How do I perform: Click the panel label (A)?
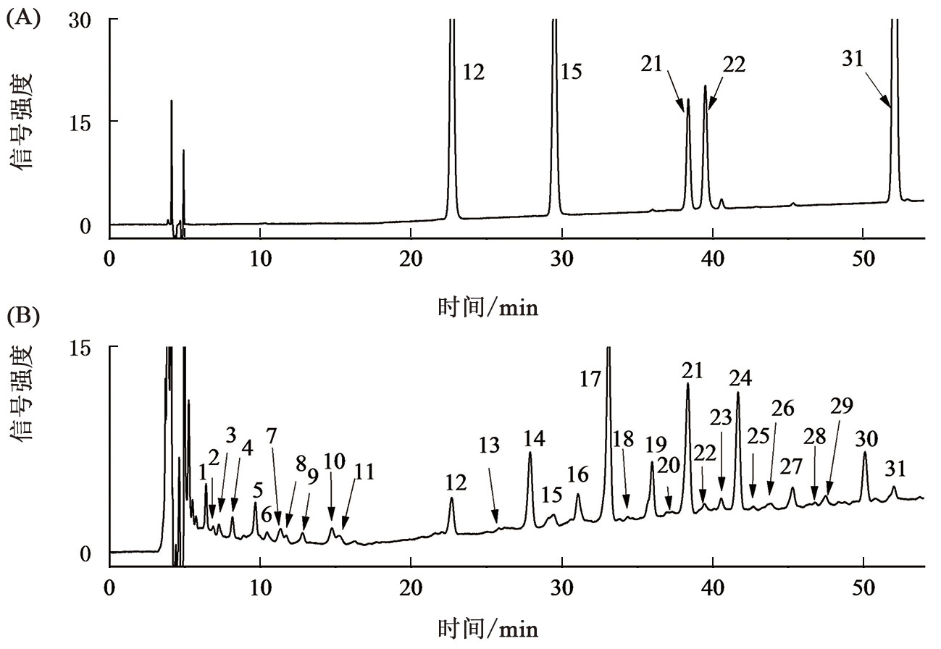(22, 17)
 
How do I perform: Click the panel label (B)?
(22, 317)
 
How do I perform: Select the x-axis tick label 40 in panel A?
(712, 259)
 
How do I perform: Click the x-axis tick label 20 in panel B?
(411, 586)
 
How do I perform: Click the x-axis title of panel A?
(488, 308)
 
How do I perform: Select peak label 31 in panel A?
(853, 59)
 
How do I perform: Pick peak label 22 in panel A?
(733, 64)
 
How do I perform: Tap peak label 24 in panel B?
(740, 377)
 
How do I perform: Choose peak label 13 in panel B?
(490, 446)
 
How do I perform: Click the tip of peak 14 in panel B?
(530, 453)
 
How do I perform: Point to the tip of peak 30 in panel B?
(864, 453)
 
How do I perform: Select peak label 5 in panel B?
(257, 490)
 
